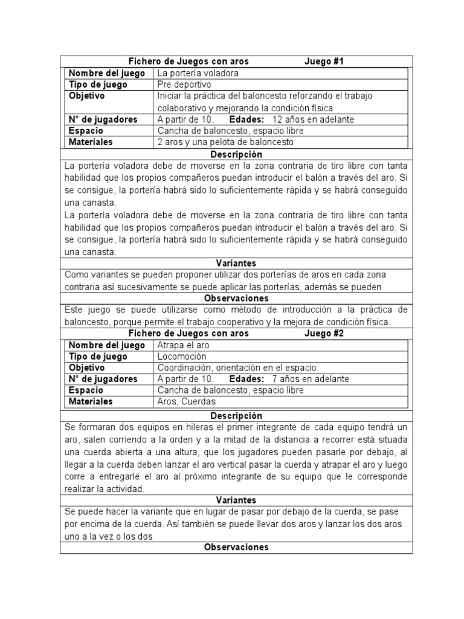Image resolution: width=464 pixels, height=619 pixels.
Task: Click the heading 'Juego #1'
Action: click(x=324, y=61)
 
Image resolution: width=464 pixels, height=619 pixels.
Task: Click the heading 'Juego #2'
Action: click(x=324, y=333)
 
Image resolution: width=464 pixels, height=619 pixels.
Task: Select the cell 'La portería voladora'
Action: click(x=198, y=73)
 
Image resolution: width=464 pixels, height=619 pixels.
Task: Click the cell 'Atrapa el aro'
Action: click(x=184, y=345)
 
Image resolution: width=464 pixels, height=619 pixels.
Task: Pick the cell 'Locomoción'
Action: click(x=182, y=357)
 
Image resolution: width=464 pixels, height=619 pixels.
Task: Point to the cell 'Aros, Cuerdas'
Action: click(x=186, y=401)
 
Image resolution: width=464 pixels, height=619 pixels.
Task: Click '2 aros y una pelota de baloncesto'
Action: click(x=225, y=142)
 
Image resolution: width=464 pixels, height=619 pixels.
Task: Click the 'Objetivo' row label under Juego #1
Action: click(x=87, y=96)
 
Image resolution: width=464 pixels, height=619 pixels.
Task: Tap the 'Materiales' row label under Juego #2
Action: click(x=91, y=401)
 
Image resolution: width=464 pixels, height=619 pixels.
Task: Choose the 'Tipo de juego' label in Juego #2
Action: click(x=98, y=357)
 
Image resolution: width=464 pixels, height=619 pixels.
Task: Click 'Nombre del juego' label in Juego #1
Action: click(x=107, y=73)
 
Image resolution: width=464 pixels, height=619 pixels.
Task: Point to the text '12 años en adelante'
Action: click(x=314, y=119)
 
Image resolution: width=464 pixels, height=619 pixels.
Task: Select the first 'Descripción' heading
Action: click(x=237, y=154)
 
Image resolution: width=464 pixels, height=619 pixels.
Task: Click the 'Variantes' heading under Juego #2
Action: click(x=236, y=500)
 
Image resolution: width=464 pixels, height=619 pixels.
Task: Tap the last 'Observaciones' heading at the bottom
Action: click(x=236, y=547)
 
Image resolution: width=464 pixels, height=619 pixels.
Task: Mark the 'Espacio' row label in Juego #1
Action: click(x=86, y=131)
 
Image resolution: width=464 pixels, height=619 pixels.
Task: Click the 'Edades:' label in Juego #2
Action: click(x=247, y=379)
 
